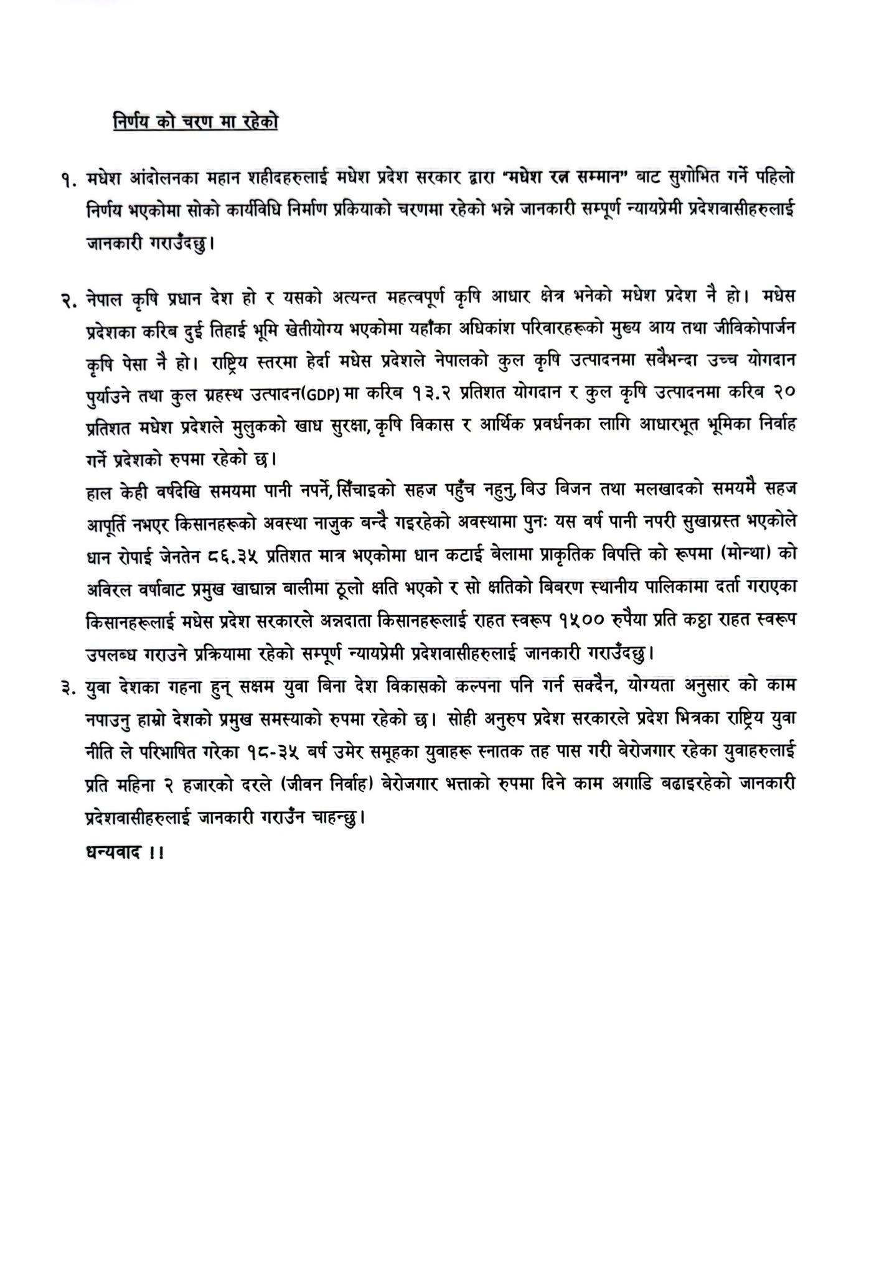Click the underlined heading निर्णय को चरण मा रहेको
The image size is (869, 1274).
195,121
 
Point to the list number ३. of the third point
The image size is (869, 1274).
70,686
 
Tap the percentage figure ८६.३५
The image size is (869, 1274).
230,557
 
